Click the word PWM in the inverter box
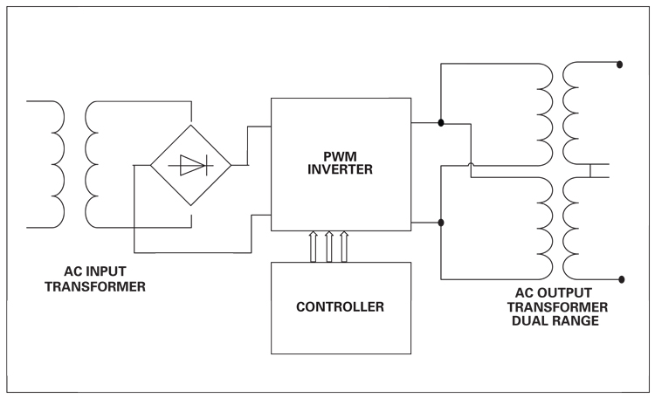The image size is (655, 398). pyautogui.click(x=341, y=157)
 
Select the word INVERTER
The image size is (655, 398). pyautogui.click(x=341, y=170)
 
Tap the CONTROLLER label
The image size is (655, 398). pyautogui.click(x=341, y=307)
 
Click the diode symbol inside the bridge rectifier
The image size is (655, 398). pyautogui.click(x=190, y=163)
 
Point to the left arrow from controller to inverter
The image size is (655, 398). pyautogui.click(x=313, y=247)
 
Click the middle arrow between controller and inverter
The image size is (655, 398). pyautogui.click(x=328, y=247)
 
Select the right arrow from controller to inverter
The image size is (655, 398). pyautogui.click(x=344, y=247)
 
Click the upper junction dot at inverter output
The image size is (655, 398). pyautogui.click(x=442, y=123)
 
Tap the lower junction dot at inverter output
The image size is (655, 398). pyautogui.click(x=442, y=223)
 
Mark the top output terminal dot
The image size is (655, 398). pyautogui.click(x=620, y=64)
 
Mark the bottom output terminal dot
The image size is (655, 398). pyautogui.click(x=620, y=280)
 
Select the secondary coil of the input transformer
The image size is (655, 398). pyautogui.click(x=93, y=163)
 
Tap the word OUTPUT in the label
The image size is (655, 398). pyautogui.click(x=572, y=293)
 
